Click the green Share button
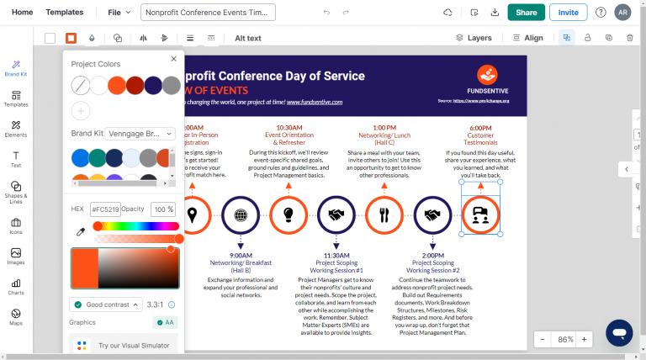[526, 13]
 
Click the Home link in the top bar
[23, 13]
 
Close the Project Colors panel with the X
[173, 59]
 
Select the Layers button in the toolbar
[474, 38]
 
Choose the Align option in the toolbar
[527, 38]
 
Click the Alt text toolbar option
[248, 38]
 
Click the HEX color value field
[105, 209]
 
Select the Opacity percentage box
[163, 209]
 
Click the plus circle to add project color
[81, 110]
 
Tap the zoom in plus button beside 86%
[584, 339]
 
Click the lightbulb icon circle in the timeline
[289, 214]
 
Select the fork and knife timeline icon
[384, 214]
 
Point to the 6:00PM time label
[480, 128]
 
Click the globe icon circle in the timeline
[241, 214]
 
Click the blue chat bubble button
[619, 332]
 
